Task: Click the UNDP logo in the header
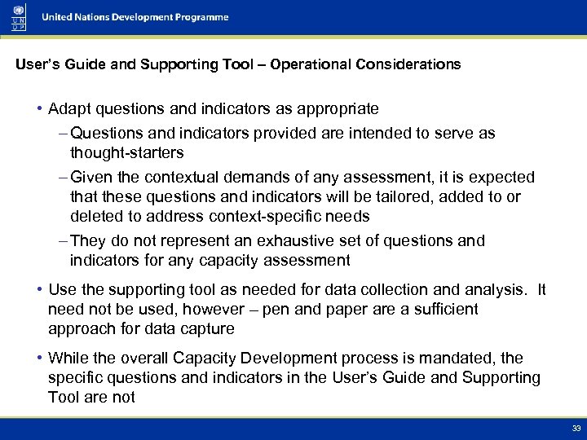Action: tap(18, 16)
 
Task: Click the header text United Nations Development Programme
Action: tap(135, 17)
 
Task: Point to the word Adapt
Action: tap(67, 108)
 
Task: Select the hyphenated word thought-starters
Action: tap(126, 152)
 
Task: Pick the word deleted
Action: tap(95, 216)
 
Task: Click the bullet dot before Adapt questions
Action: tap(39, 109)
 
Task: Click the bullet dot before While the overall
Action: tap(39, 359)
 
